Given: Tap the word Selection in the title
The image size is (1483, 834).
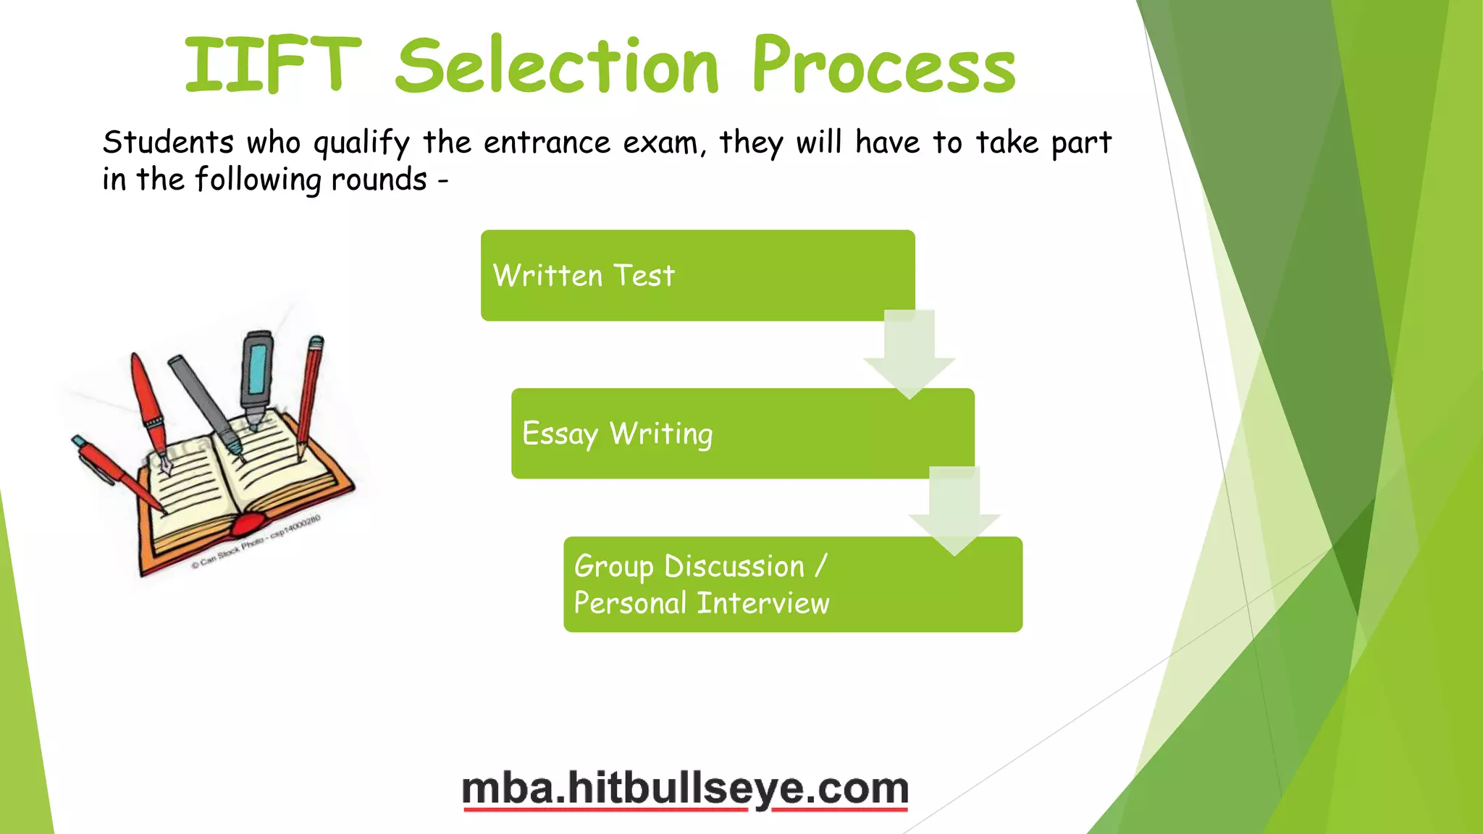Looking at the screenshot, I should point(558,67).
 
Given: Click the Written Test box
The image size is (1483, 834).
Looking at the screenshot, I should point(697,275).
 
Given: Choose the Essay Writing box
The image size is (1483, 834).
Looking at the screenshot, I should point(742,433).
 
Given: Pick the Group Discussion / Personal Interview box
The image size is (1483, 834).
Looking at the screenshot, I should point(793,584).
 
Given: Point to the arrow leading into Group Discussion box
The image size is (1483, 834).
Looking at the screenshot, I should point(954,511).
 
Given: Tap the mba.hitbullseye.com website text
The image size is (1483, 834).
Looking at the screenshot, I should point(685,788).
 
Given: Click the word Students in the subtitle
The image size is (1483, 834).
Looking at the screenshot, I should point(168,143).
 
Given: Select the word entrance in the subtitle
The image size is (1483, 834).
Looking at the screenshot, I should point(547,143).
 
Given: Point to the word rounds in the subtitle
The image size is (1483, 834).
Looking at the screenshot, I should point(379,180).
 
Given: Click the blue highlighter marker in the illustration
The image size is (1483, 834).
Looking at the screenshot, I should point(256,376).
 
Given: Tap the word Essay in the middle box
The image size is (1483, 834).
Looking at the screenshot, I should point(560,434).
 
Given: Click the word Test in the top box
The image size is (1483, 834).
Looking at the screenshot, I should point(644,276).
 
